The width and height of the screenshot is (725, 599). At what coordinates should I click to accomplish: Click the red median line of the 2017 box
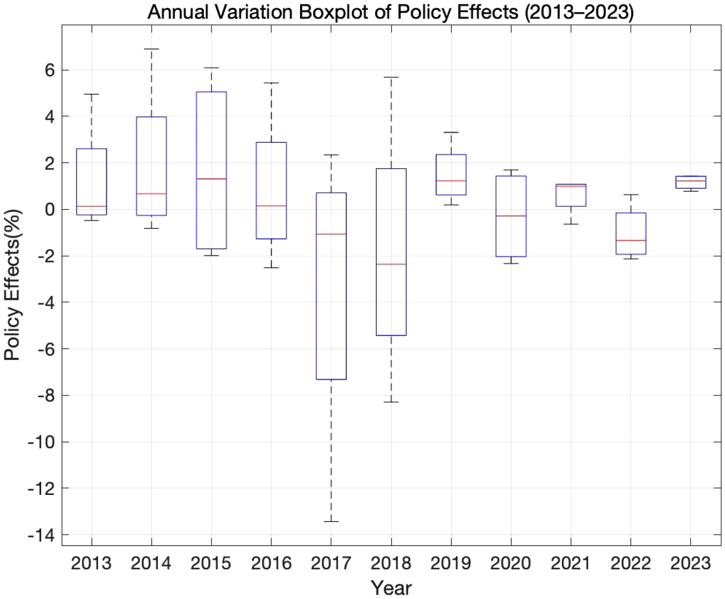pyautogui.click(x=331, y=234)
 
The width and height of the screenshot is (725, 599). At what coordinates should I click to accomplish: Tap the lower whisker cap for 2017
pyautogui.click(x=331, y=521)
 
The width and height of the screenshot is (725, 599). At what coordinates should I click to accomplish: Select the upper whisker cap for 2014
pyautogui.click(x=151, y=49)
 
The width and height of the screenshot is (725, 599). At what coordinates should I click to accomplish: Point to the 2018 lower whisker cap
pyautogui.click(x=391, y=402)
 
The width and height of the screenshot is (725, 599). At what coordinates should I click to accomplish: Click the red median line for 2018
pyautogui.click(x=391, y=264)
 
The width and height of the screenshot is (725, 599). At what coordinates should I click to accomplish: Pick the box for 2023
pyautogui.click(x=690, y=182)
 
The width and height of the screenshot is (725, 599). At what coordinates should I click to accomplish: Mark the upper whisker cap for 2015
pyautogui.click(x=211, y=68)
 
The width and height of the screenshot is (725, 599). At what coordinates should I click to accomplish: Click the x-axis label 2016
pyautogui.click(x=271, y=563)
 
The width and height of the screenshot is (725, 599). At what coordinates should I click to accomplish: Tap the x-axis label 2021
pyautogui.click(x=571, y=563)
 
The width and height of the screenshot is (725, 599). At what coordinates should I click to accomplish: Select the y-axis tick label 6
pyautogui.click(x=49, y=70)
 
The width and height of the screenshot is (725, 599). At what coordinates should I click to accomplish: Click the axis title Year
pyautogui.click(x=391, y=588)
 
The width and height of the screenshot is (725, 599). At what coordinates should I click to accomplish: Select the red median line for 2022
pyautogui.click(x=630, y=240)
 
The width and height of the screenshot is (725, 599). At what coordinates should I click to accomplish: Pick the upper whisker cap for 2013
pyautogui.click(x=91, y=94)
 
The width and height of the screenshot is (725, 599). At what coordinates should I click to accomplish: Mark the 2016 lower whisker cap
pyautogui.click(x=271, y=268)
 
